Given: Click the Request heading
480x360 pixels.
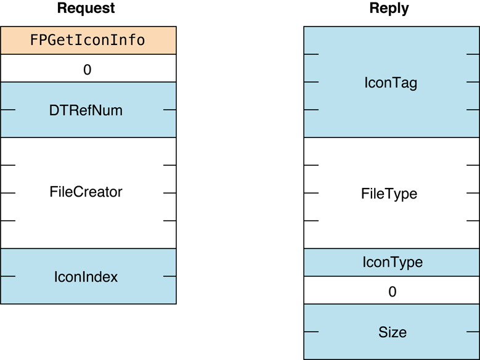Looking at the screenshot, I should point(86,9).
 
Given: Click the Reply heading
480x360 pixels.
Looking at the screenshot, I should point(389,9).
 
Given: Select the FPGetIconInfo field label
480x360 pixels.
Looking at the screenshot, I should point(87,41).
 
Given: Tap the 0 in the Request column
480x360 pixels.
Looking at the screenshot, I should point(87,70).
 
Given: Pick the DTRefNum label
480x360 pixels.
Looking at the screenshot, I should point(86,110).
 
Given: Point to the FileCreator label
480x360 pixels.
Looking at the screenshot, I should point(86,192).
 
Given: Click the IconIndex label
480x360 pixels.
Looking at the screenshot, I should point(86,277).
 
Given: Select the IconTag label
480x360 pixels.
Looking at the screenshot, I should point(391,83).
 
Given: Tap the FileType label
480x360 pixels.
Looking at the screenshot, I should point(389,194).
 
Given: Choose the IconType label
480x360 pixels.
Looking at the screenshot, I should point(392,262).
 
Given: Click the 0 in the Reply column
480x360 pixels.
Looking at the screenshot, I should point(392,292).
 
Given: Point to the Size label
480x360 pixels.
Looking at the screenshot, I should point(392,333).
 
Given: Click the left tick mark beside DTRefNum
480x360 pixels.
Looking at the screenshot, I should point(8,110).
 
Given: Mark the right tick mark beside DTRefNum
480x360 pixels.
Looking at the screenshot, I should point(169,110).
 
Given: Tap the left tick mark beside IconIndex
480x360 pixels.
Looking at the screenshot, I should point(8,277).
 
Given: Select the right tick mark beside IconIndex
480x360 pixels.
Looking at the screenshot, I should point(169,277).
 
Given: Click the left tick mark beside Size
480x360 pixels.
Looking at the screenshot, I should point(311,332).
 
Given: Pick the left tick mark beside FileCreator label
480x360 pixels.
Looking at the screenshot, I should point(8,193).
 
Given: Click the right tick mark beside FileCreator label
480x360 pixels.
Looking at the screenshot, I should point(169,193).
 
